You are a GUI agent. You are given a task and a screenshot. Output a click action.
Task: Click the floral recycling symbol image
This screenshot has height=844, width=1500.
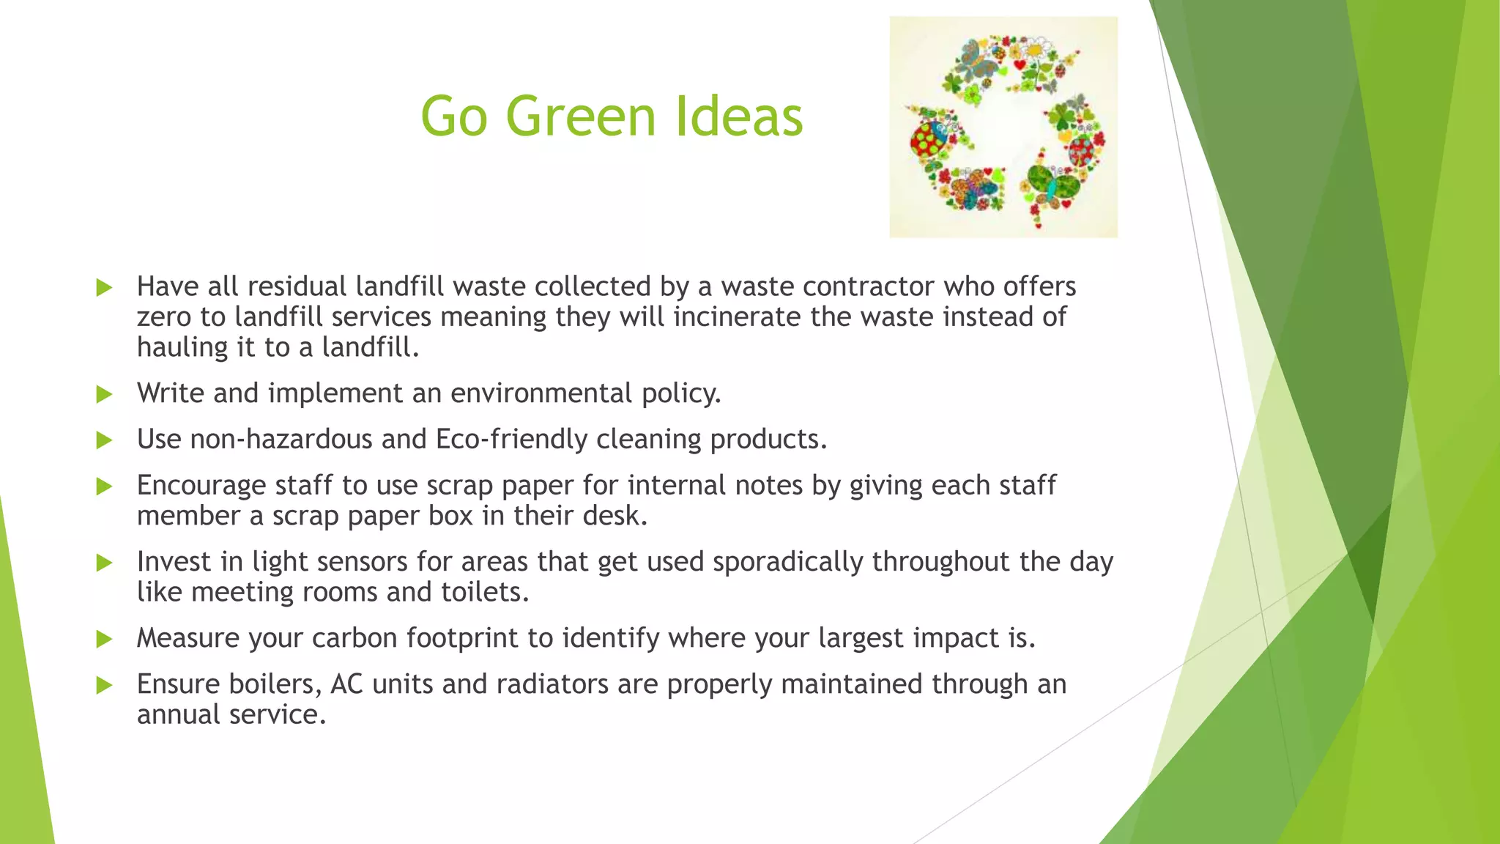(x=1003, y=127)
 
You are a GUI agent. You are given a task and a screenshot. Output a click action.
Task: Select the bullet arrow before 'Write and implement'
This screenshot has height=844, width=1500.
(x=105, y=395)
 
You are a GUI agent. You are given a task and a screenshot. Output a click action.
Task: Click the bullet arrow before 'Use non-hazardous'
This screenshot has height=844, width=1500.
(x=105, y=440)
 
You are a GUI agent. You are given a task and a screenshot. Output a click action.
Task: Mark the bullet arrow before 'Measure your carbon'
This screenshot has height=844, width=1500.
(x=105, y=640)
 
